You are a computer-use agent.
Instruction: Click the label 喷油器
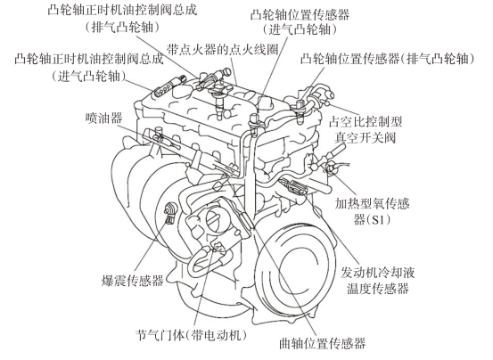point(103,119)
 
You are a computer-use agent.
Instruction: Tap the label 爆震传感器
point(132,281)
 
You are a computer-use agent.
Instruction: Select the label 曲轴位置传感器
point(322,343)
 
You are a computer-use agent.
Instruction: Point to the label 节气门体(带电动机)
point(191,335)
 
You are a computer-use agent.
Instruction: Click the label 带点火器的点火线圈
point(223,49)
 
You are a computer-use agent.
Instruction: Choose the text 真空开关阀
point(365,137)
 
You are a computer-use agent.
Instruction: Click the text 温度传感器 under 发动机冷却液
point(378,289)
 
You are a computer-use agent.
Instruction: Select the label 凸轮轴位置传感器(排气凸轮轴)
point(387,59)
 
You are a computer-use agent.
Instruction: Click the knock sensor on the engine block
point(171,210)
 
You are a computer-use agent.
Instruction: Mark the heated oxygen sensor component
point(332,168)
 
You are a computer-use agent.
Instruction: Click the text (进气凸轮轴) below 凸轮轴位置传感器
point(300,29)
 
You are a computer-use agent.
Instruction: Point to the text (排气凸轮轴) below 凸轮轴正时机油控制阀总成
point(122,27)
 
